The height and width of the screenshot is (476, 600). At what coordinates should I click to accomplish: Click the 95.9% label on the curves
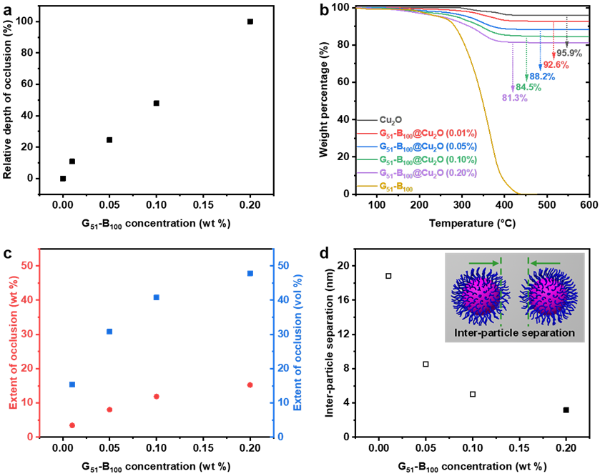point(569,53)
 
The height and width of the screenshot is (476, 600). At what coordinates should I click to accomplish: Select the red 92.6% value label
point(556,65)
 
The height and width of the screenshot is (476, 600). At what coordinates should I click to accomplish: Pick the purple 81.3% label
point(514,98)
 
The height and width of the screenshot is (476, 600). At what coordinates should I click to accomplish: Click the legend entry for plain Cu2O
point(390,120)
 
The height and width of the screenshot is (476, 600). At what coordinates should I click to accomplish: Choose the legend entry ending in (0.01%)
point(428,133)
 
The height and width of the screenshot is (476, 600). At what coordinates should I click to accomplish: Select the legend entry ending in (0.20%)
point(428,174)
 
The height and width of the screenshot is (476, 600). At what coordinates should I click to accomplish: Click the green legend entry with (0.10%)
point(428,160)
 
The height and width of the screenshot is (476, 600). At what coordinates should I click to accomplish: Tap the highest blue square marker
point(250,273)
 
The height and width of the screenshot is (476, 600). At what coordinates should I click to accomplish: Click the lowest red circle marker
point(72,425)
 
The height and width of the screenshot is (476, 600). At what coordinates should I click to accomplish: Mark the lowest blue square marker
point(72,385)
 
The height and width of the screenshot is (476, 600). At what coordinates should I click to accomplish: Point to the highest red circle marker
point(250,385)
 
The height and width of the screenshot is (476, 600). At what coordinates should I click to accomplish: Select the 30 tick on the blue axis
point(283,334)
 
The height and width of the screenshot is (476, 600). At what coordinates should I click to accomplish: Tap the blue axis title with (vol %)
point(298,342)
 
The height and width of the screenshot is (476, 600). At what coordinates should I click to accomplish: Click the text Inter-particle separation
point(515,333)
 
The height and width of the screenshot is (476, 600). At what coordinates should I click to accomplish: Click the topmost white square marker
point(388,276)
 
